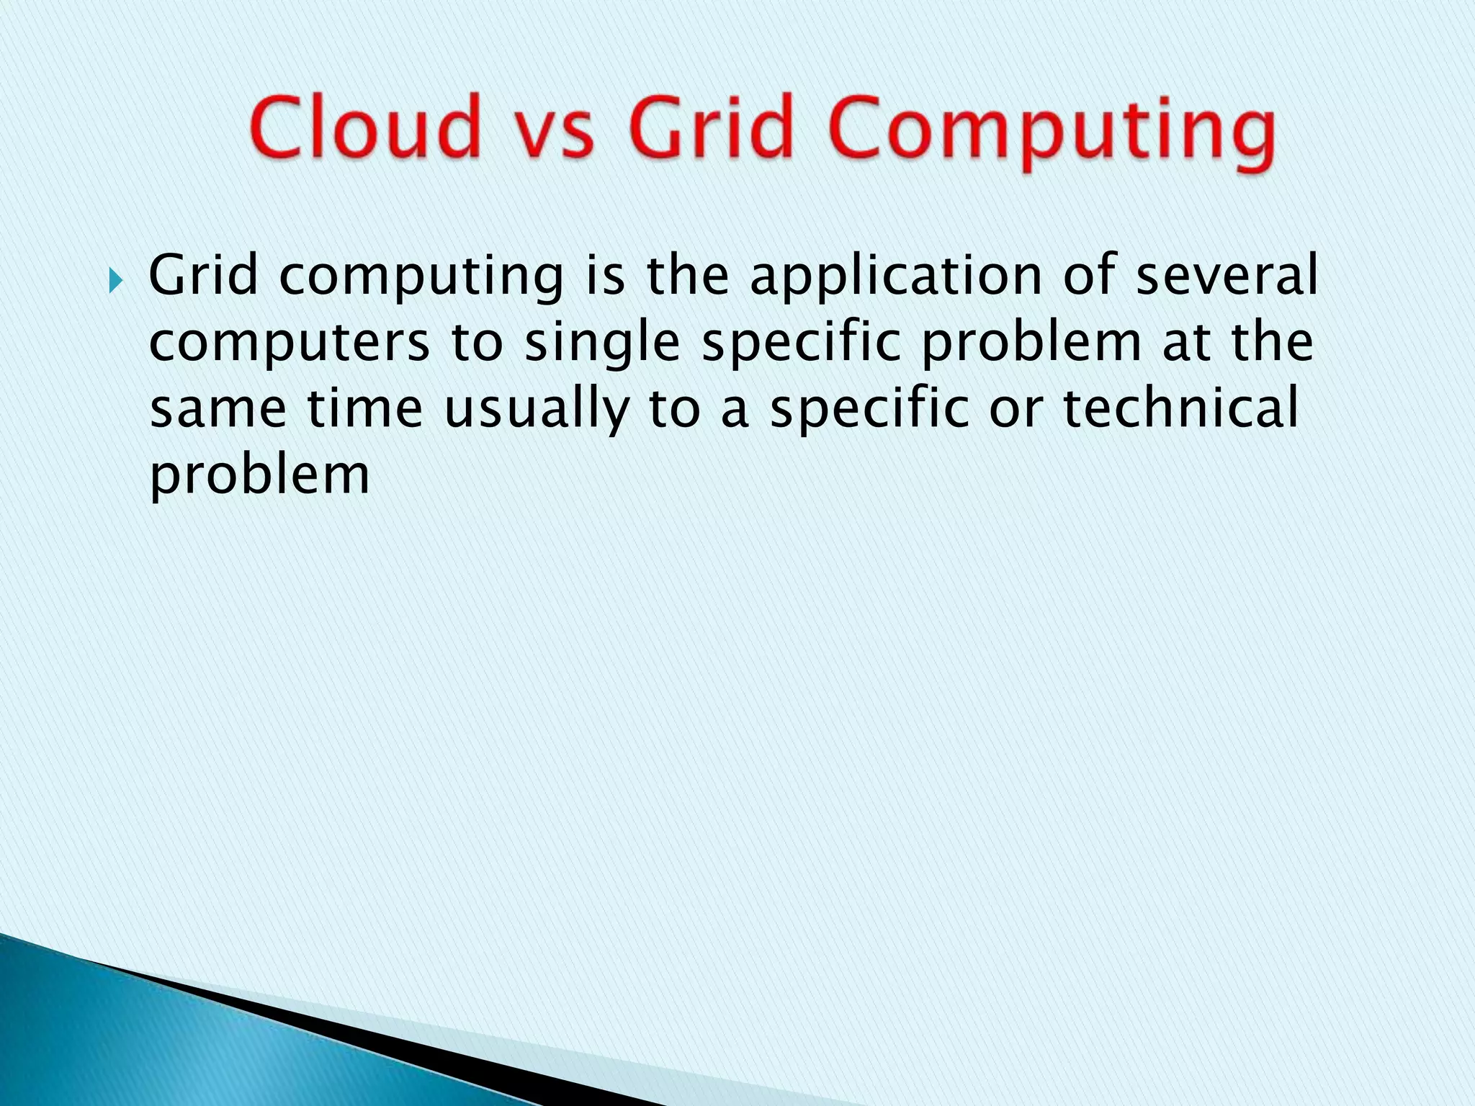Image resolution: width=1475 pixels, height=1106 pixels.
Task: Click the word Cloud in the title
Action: click(x=365, y=127)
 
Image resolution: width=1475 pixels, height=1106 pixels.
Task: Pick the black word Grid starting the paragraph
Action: click(x=203, y=275)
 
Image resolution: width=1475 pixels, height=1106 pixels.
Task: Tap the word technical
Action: click(x=1181, y=408)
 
